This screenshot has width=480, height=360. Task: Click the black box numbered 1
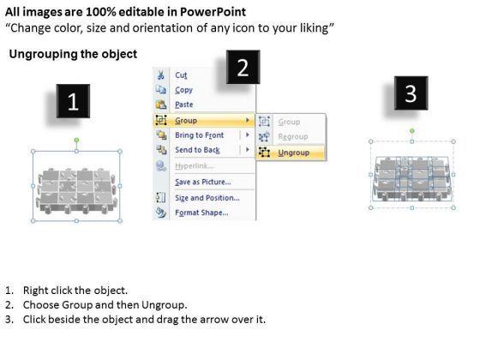pyautogui.click(x=73, y=101)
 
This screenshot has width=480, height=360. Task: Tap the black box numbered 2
pyautogui.click(x=243, y=67)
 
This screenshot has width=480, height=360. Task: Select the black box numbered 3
pyautogui.click(x=411, y=93)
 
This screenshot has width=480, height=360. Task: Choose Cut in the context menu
pyautogui.click(x=181, y=75)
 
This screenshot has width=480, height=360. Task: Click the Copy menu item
pyautogui.click(x=183, y=90)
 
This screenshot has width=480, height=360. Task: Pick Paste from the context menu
pyautogui.click(x=184, y=105)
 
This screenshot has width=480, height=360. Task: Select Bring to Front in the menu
pyautogui.click(x=199, y=135)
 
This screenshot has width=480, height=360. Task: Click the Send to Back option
pyautogui.click(x=197, y=150)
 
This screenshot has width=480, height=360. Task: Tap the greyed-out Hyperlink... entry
pyautogui.click(x=194, y=166)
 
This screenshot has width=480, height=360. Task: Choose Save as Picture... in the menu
pyautogui.click(x=203, y=182)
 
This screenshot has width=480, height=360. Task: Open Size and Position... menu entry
pyautogui.click(x=207, y=198)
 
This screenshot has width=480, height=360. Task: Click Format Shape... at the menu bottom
pyautogui.click(x=201, y=213)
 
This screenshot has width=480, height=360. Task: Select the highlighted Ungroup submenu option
pyautogui.click(x=293, y=153)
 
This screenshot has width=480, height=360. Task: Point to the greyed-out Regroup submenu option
pyautogui.click(x=293, y=136)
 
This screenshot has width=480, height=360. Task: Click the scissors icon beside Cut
pyautogui.click(x=161, y=75)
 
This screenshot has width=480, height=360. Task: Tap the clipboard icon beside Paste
pyautogui.click(x=161, y=105)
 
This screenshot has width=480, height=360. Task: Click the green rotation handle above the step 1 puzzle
pyautogui.click(x=76, y=141)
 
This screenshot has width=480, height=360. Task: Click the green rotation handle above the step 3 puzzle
pyautogui.click(x=412, y=131)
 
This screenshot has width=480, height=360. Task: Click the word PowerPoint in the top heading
pyautogui.click(x=213, y=12)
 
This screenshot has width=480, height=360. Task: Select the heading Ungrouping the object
pyautogui.click(x=73, y=54)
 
